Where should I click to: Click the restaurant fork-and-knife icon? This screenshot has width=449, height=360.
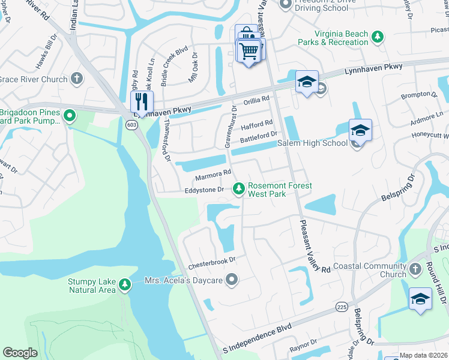(x=142, y=100)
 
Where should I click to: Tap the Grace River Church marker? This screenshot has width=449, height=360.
(x=76, y=79)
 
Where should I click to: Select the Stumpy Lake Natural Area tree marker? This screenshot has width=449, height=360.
(x=124, y=284)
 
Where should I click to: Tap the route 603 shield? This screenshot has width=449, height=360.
(x=132, y=125)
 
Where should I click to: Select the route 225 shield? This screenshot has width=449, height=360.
(x=342, y=307)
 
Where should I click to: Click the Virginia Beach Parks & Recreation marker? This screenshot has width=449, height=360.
(x=377, y=38)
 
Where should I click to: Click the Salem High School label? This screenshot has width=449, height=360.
(x=312, y=143)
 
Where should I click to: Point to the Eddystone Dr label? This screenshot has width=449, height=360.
(x=203, y=190)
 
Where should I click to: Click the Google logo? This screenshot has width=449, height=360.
(x=20, y=353)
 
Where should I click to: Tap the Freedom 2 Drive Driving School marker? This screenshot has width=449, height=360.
(x=285, y=4)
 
